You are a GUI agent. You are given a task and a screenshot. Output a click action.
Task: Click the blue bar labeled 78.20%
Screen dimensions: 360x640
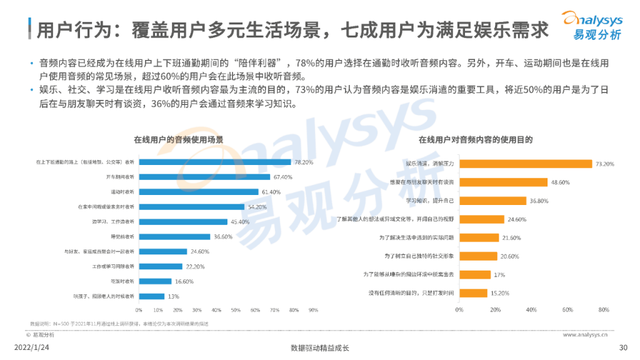(x=214, y=162)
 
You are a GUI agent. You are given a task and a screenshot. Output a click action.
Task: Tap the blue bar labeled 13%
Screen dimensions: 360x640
(x=151, y=296)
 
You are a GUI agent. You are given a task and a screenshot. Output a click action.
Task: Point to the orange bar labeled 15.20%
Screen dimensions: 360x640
(x=472, y=292)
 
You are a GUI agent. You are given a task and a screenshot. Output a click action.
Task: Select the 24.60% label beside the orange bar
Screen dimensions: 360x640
(x=517, y=219)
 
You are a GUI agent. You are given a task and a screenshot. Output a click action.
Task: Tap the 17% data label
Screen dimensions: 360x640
(x=501, y=274)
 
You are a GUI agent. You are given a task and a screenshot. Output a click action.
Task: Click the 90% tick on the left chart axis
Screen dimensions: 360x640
(x=313, y=310)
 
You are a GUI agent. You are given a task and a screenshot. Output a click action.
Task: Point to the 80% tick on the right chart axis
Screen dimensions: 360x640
(x=603, y=310)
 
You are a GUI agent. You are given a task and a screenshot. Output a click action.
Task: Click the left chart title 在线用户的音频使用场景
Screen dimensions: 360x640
(x=179, y=139)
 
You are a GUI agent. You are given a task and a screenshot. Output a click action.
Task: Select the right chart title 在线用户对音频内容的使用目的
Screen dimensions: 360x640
(x=476, y=139)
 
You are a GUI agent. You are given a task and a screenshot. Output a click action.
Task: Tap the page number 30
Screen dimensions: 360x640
(x=622, y=348)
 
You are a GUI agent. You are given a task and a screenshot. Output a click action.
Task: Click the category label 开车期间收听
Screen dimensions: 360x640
(x=121, y=177)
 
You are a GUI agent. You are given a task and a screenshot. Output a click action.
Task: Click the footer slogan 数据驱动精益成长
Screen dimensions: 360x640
(x=319, y=348)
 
